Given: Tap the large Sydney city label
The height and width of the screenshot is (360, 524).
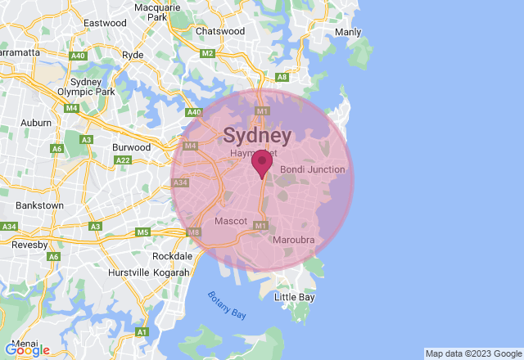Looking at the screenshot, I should [257, 136].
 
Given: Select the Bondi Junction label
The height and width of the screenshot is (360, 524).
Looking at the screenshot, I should [313, 169].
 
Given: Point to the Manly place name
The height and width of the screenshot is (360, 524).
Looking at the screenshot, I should [348, 33].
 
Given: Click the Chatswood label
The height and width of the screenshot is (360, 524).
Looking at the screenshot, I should [220, 31].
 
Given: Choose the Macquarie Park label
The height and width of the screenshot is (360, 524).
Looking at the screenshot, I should [151, 11].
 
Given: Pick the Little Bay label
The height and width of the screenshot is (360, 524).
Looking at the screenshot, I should [294, 297].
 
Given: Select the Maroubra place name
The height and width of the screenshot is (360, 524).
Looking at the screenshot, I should [293, 240].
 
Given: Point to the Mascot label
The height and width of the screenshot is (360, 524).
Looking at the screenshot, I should [230, 221].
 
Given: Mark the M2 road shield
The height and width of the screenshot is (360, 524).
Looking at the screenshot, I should [207, 53].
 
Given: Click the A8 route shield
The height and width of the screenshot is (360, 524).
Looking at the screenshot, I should [282, 77].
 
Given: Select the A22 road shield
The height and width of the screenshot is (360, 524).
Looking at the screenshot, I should [124, 160].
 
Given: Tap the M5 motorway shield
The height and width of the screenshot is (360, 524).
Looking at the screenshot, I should [143, 232].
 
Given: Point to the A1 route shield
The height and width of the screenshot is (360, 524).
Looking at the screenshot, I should [142, 331].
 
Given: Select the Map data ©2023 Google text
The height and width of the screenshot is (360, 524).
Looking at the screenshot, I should [473, 353].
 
